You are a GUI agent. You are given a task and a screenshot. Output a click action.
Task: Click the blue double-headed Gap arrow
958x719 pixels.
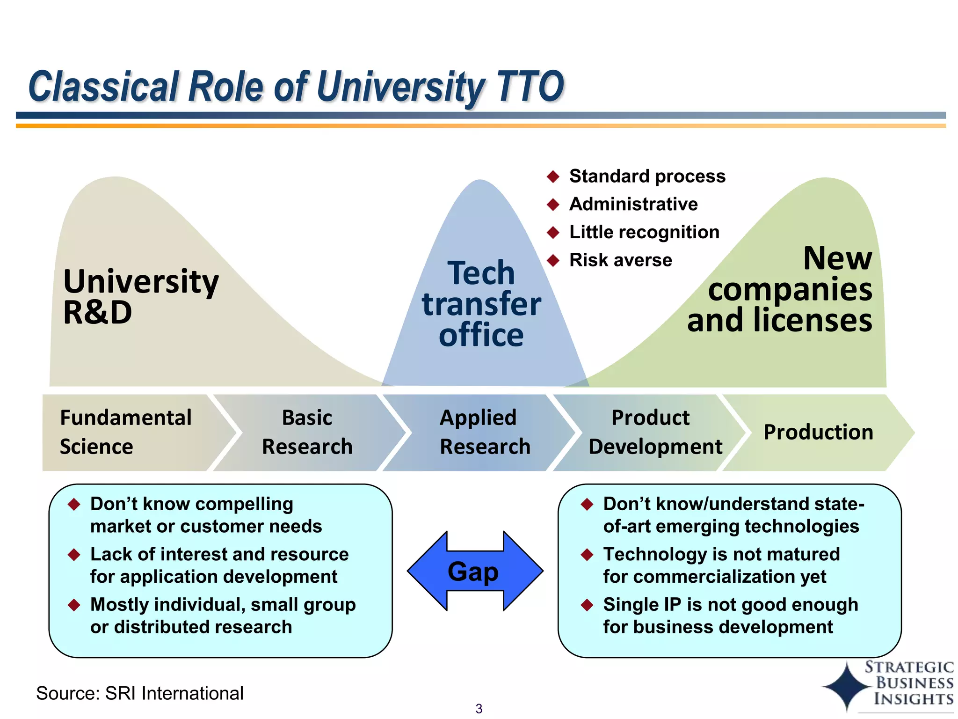474,571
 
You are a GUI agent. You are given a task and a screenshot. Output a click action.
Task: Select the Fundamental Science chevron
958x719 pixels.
126,432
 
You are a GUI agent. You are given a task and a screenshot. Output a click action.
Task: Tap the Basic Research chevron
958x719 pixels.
307,432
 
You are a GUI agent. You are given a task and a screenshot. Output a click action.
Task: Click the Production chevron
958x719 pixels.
818,432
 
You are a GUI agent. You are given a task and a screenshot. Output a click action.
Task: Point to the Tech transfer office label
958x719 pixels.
481,304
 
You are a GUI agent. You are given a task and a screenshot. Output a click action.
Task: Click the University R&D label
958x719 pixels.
140,296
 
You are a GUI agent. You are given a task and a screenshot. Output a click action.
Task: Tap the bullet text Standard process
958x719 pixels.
647,176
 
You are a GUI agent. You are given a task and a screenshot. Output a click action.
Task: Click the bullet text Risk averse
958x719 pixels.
620,260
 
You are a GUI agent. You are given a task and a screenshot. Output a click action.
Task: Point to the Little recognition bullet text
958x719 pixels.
644,232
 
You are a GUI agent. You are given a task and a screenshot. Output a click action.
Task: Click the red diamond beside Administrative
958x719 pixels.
553,205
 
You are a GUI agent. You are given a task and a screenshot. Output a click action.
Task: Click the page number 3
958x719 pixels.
479,709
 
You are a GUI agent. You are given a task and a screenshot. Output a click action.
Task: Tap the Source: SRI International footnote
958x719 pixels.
139,693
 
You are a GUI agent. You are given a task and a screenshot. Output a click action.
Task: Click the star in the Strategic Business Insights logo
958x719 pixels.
845,687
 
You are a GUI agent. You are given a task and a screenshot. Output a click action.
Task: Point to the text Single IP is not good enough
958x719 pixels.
730,605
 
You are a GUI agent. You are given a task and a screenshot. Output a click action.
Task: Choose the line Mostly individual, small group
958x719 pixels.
223,605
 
